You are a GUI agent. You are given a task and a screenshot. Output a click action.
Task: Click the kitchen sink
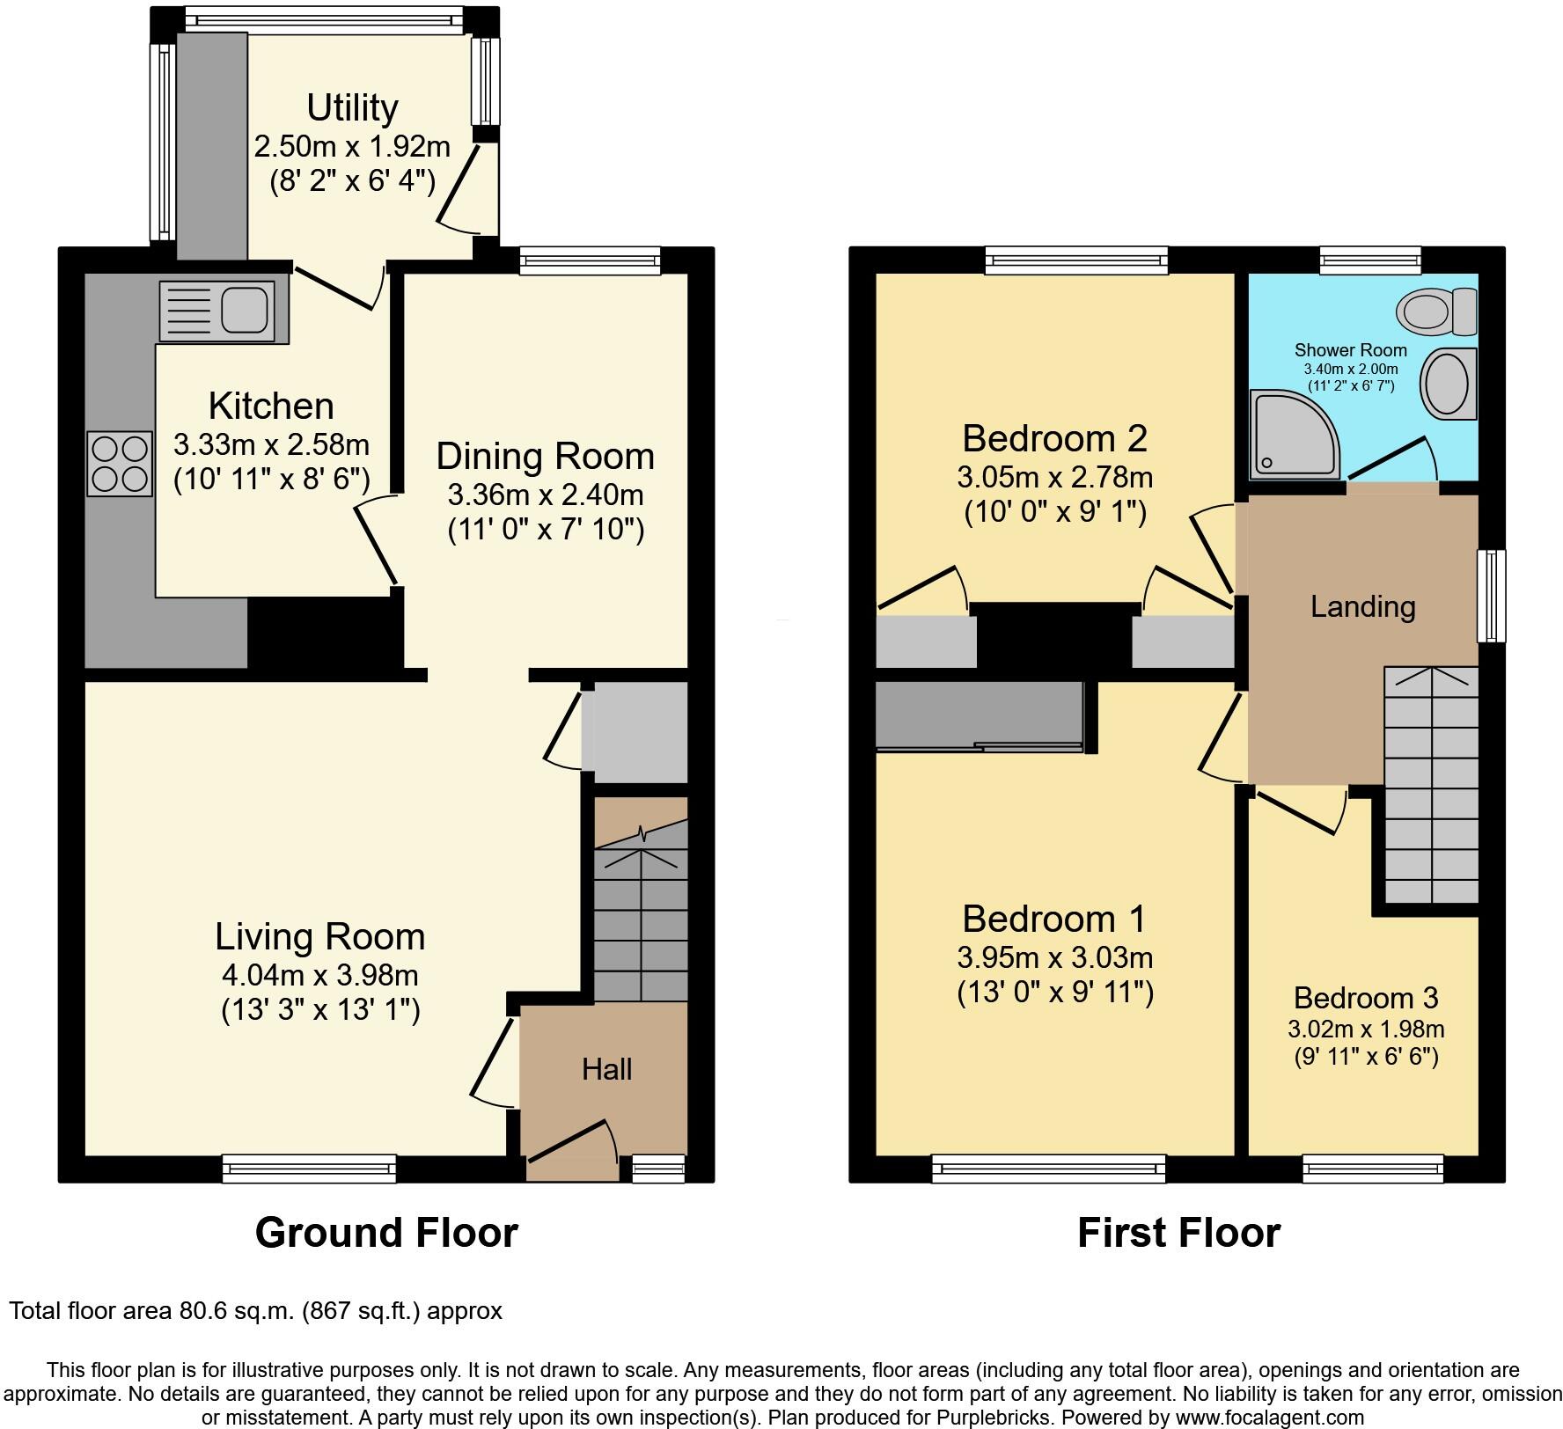pos(224,311)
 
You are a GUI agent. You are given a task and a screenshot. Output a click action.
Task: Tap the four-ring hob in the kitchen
pos(120,464)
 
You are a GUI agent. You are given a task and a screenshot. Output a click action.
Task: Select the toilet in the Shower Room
pos(1436,311)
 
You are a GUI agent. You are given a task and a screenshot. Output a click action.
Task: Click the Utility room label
pos(352,107)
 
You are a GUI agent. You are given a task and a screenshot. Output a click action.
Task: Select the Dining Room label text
pos(546,456)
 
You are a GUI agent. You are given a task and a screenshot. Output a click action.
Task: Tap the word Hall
pos(606,1069)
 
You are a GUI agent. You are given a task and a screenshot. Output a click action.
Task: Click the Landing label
pos(1362,606)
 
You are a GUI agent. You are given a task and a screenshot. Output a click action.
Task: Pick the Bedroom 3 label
pos(1365,998)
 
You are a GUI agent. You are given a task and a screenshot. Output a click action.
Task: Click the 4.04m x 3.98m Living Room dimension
pos(320,975)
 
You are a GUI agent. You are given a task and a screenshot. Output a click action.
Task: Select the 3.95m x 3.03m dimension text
pos(1054,957)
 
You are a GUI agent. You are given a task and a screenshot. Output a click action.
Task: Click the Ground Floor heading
pos(386,1233)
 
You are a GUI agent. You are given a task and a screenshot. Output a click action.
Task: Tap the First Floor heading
pos(1178,1233)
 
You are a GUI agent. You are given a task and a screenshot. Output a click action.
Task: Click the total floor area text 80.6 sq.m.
pos(255,1311)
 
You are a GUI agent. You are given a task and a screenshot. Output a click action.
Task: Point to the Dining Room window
pos(589,260)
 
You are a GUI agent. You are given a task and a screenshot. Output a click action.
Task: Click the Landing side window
pos(1491,596)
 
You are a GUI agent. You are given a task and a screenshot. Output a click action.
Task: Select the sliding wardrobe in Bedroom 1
pos(979,717)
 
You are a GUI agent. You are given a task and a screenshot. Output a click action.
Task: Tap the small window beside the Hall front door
pos(658,1169)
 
